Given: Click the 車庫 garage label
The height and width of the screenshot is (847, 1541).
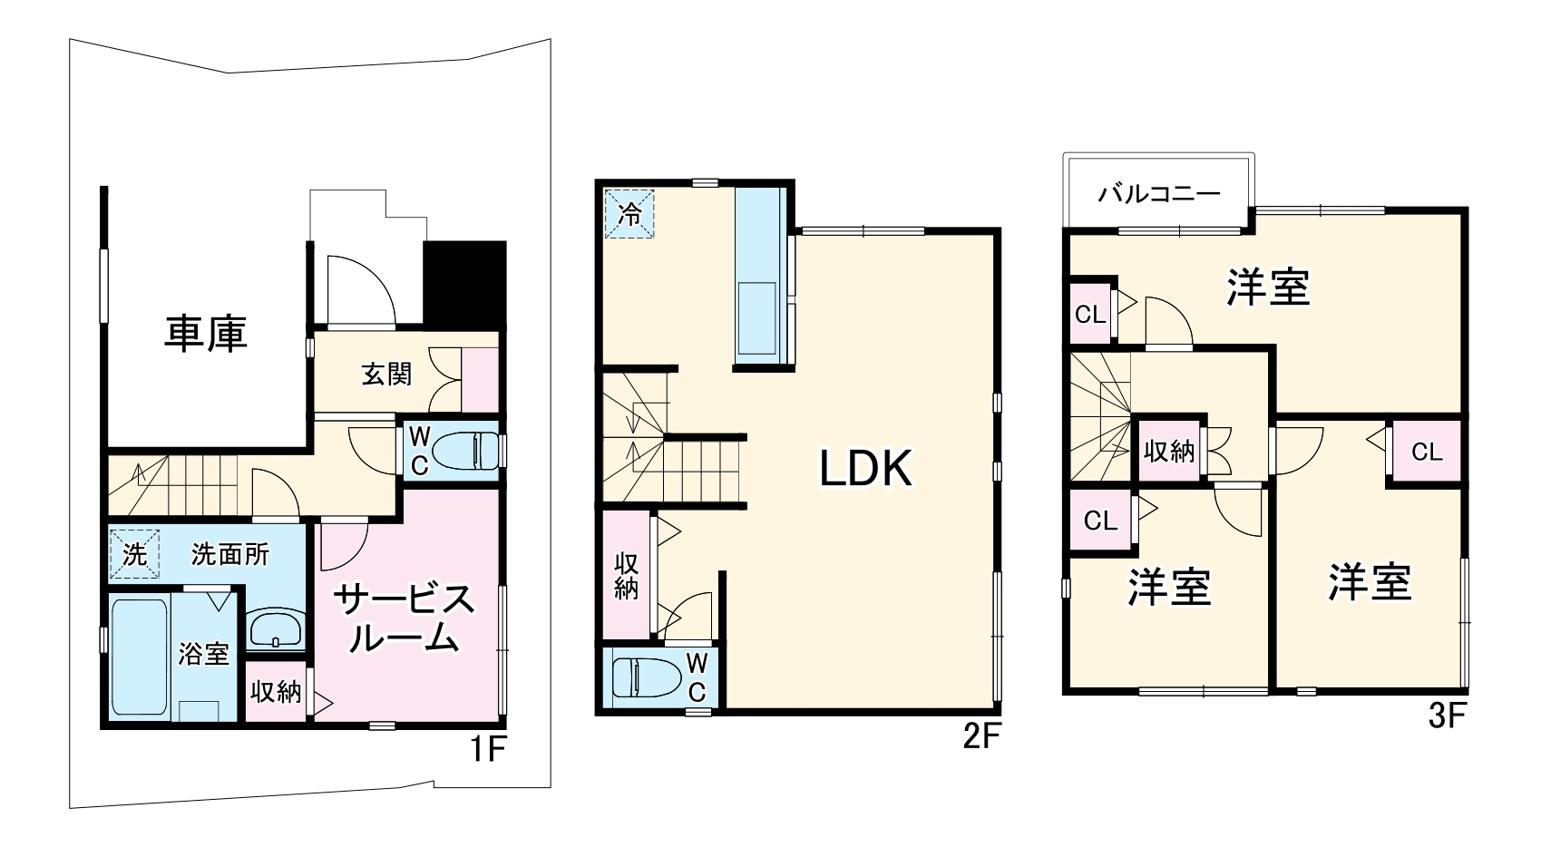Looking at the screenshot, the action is pyautogui.click(x=206, y=335).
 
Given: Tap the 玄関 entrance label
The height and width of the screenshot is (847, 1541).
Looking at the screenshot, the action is pyautogui.click(x=386, y=375).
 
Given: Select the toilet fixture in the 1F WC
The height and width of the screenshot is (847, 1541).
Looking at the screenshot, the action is pyautogui.click(x=465, y=451).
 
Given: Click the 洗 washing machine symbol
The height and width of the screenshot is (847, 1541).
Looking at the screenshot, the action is pyautogui.click(x=134, y=554).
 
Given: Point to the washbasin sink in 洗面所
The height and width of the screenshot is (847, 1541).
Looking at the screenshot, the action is pyautogui.click(x=275, y=628).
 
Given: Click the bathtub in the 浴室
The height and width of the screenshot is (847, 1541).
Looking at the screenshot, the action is pyautogui.click(x=141, y=658).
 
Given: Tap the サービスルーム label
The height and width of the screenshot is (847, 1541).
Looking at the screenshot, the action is pyautogui.click(x=404, y=618).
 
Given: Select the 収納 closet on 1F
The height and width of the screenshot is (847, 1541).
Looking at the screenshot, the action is pyautogui.click(x=276, y=692).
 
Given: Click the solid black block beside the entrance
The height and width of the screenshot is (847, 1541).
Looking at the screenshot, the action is pyautogui.click(x=465, y=284).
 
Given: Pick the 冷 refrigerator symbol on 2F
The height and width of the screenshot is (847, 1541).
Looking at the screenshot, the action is pyautogui.click(x=629, y=214).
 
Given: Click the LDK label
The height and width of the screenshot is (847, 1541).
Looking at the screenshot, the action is pyautogui.click(x=866, y=469).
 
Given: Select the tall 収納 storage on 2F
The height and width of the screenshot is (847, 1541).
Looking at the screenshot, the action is pyautogui.click(x=627, y=575).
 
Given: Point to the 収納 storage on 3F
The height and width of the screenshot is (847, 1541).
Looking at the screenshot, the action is pyautogui.click(x=1169, y=451).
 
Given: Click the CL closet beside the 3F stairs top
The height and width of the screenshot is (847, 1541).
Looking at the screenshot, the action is pyautogui.click(x=1090, y=314).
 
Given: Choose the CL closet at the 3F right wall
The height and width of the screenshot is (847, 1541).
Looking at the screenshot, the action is pyautogui.click(x=1427, y=452).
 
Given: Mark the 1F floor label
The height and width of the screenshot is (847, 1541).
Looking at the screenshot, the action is pyautogui.click(x=488, y=749).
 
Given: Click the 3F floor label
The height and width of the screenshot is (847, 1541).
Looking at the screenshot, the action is pyautogui.click(x=1448, y=716).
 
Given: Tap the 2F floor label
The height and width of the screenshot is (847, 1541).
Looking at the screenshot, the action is pyautogui.click(x=981, y=737).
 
